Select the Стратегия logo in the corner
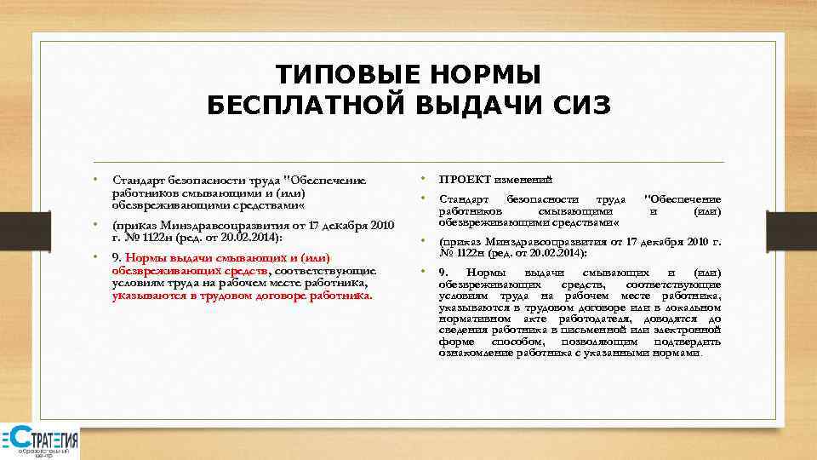click(40, 442)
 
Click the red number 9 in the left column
click(116, 257)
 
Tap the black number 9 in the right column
click(442, 273)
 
